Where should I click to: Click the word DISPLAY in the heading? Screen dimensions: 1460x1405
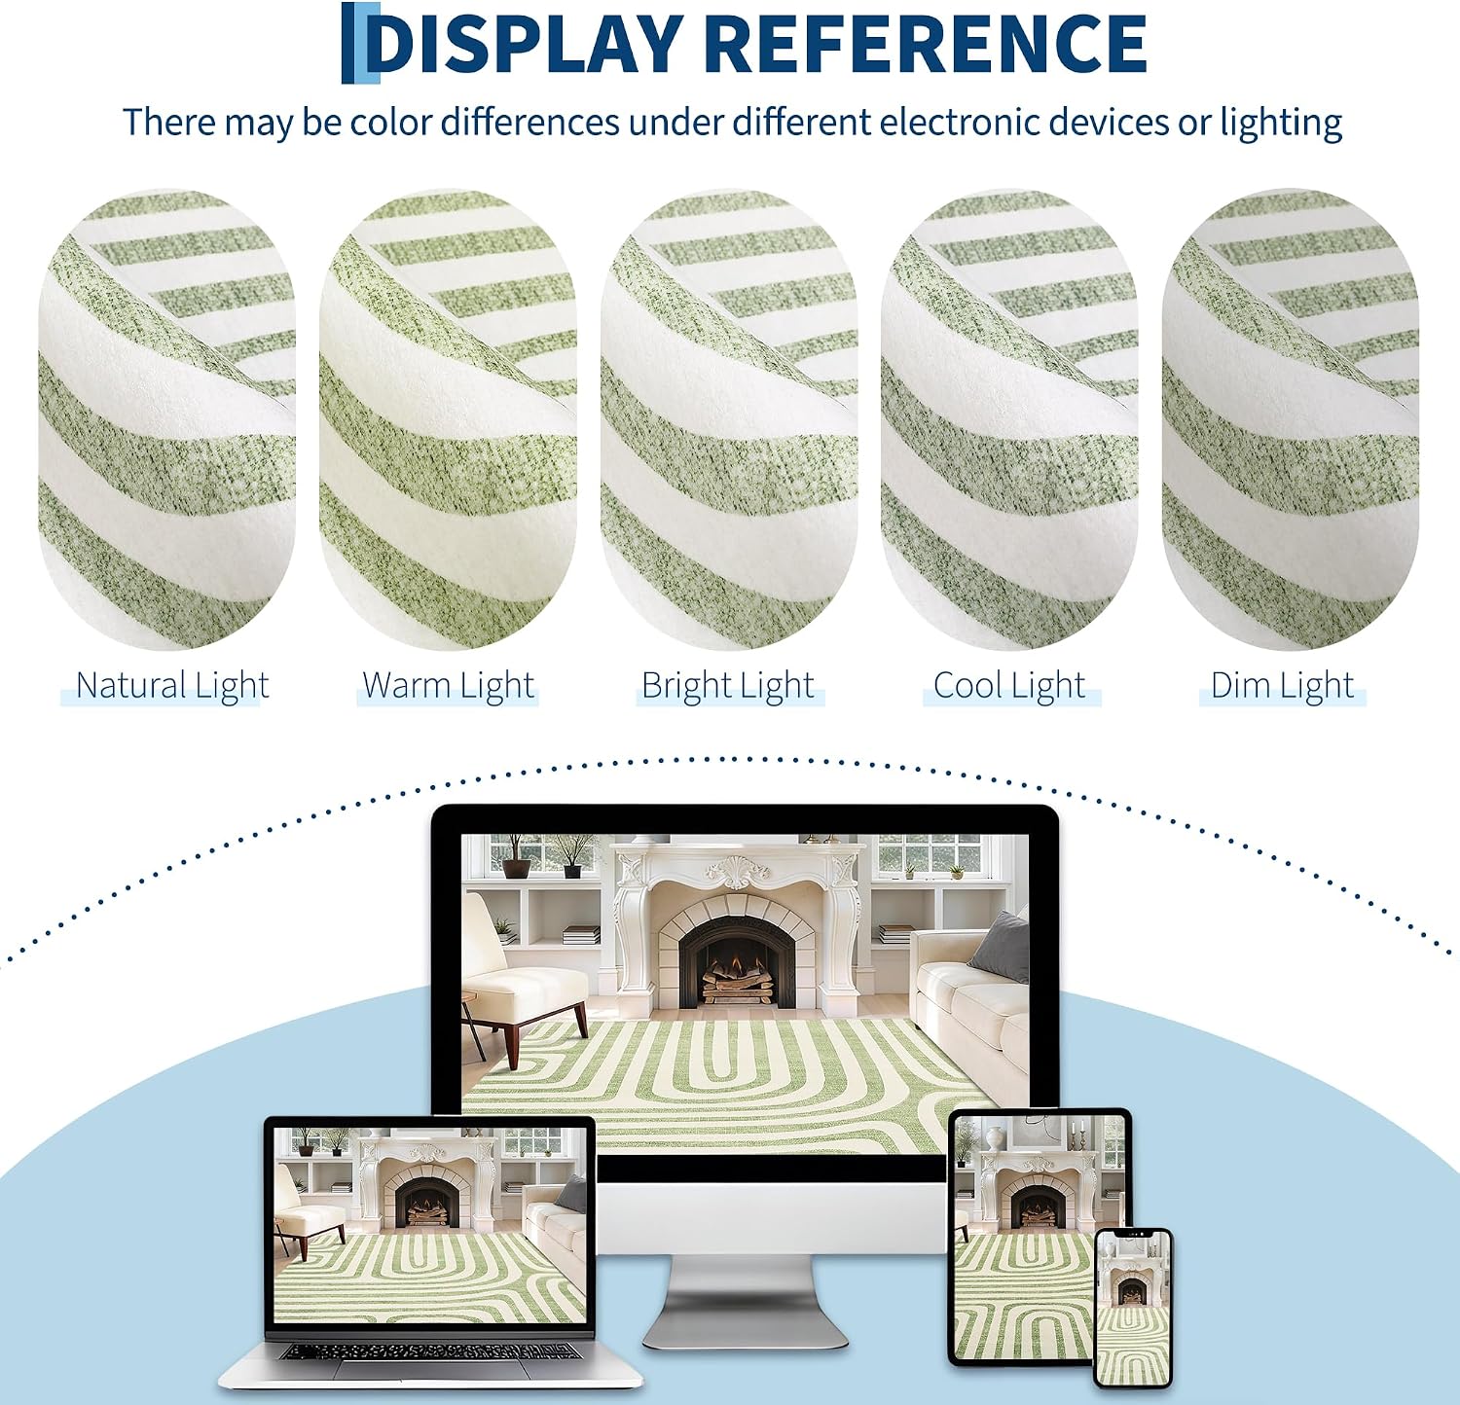(x=525, y=44)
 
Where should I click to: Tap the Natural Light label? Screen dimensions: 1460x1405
(x=172, y=686)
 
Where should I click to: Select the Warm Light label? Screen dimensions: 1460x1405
(x=448, y=686)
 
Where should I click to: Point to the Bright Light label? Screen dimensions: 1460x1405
(x=728, y=686)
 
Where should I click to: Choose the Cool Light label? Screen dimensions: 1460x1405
(x=1009, y=686)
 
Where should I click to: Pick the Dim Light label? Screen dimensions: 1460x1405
(x=1282, y=686)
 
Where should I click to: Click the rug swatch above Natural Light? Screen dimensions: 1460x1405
(x=166, y=419)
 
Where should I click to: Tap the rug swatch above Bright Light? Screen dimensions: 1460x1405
(x=728, y=419)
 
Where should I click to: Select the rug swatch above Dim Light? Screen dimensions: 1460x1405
(x=1290, y=419)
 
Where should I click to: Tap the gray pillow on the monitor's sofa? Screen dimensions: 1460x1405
(x=1001, y=947)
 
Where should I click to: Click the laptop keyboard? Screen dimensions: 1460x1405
(x=429, y=1351)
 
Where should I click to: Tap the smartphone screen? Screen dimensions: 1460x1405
(x=1133, y=1308)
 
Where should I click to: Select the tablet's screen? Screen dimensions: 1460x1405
(x=1039, y=1237)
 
